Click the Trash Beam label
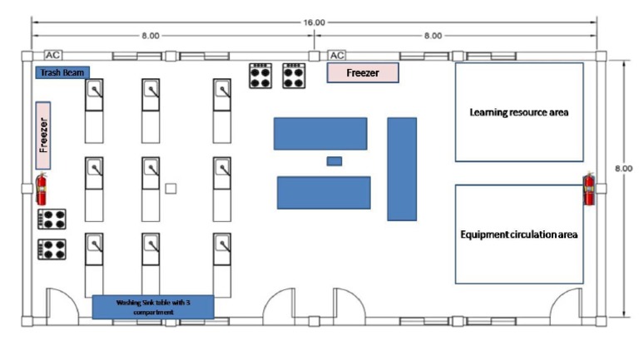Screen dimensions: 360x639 62,73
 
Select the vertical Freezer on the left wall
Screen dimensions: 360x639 43,135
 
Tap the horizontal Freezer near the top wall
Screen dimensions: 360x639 362,73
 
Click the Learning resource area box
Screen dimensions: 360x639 518,111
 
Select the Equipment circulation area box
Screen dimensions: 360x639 518,234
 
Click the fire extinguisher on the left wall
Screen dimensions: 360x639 41,189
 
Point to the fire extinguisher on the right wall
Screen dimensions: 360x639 589,189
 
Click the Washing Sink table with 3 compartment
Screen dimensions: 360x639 152,306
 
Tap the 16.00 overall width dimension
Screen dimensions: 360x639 314,23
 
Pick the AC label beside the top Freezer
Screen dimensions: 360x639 337,55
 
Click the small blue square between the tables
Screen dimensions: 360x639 334,160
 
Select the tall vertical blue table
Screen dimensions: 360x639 402,168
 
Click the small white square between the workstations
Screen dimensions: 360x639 171,189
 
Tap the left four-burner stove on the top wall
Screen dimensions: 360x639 261,76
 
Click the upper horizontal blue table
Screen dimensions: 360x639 320,133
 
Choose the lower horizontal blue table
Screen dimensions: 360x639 323,192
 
